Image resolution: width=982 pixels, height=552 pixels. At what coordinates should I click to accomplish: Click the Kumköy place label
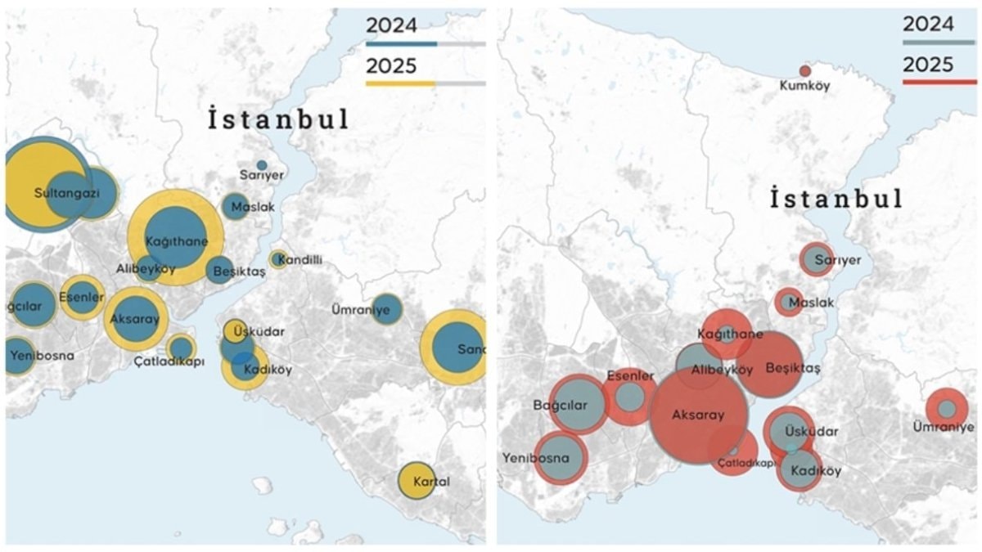(804, 85)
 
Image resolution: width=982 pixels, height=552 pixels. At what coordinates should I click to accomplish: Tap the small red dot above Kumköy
(805, 71)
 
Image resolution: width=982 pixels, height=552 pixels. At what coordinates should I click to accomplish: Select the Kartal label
(431, 482)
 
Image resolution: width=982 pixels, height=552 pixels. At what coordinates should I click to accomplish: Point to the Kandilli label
(301, 260)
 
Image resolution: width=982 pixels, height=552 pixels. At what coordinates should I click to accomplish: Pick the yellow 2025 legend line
(400, 83)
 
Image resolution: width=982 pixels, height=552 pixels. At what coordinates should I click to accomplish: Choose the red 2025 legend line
(939, 82)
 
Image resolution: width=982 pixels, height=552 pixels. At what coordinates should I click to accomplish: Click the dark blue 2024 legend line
(401, 43)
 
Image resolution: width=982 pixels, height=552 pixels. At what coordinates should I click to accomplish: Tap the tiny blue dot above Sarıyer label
(262, 165)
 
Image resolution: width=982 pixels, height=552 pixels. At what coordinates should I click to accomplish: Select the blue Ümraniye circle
(387, 308)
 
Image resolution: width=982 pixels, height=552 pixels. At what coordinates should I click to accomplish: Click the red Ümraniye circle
(947, 408)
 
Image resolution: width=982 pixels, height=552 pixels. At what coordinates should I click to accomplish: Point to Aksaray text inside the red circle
(698, 415)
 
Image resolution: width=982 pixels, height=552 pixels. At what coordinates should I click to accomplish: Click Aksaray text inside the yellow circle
(135, 319)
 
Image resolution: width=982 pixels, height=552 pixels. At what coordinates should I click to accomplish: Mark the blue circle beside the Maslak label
(235, 206)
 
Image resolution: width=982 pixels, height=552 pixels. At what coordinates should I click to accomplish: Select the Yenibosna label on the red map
(535, 458)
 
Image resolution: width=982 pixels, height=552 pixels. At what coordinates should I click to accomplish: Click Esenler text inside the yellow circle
(82, 297)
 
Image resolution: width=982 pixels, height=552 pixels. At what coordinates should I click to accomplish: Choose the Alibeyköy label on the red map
(722, 370)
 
